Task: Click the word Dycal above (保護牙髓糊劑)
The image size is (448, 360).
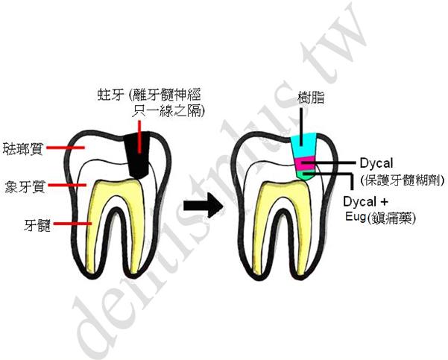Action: coord(380,163)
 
